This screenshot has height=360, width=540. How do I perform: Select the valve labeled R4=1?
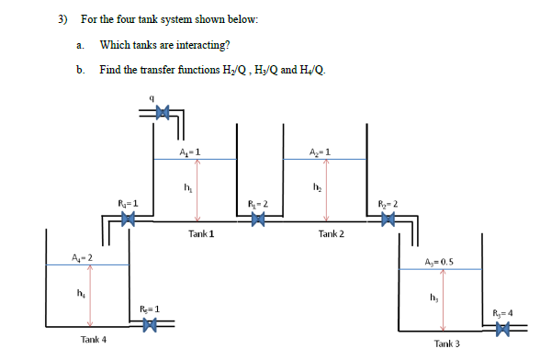point(129,219)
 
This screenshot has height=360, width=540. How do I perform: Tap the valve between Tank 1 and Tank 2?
point(259,219)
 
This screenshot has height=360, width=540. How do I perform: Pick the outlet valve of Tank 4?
point(154,323)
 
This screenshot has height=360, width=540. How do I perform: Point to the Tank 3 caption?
point(449,343)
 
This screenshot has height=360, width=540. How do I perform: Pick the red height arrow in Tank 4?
point(89,296)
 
